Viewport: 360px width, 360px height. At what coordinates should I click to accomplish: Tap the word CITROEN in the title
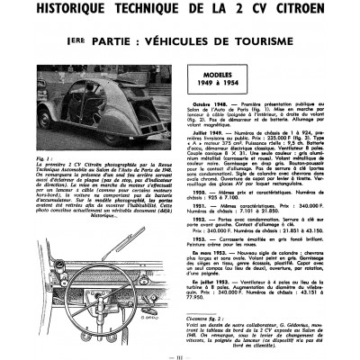tap(292, 12)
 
